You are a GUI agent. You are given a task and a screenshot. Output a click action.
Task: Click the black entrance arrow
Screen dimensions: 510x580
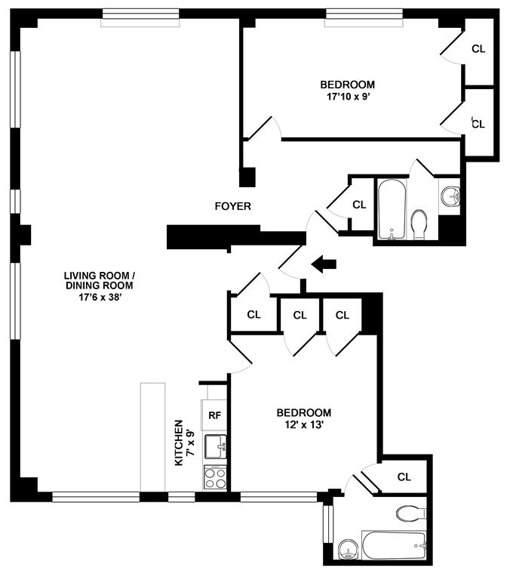point(324,264)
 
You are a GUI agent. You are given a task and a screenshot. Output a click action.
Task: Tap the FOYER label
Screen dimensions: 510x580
point(233,206)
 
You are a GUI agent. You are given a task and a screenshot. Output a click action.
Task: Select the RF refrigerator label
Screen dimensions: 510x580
point(215,415)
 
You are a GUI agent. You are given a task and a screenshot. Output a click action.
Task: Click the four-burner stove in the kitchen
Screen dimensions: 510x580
point(215,478)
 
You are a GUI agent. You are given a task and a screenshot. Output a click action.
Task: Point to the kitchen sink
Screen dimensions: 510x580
point(215,447)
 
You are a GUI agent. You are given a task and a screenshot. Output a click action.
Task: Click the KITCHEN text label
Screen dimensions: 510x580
point(179,443)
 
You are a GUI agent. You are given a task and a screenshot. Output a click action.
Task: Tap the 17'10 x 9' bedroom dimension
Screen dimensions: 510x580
point(348,97)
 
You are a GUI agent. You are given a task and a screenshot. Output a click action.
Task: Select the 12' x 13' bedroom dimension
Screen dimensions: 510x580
point(304,424)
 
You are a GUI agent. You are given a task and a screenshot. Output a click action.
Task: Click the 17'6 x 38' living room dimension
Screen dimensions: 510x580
point(100,297)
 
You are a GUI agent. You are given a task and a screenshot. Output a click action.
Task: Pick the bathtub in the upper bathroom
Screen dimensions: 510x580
point(392,209)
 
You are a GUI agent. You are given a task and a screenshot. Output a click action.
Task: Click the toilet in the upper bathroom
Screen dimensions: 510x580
point(419,224)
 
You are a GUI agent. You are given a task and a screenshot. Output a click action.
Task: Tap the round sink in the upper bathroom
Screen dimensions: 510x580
point(450,197)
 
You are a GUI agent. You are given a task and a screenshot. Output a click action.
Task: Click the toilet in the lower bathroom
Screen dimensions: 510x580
point(411,513)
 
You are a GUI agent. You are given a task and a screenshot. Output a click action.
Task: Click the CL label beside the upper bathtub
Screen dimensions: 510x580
point(359,205)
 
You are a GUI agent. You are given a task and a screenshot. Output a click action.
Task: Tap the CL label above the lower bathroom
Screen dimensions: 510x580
point(404,477)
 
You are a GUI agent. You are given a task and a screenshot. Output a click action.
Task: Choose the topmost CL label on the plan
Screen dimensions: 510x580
point(478,49)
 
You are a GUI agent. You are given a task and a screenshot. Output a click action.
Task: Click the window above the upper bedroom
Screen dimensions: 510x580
point(364,18)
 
